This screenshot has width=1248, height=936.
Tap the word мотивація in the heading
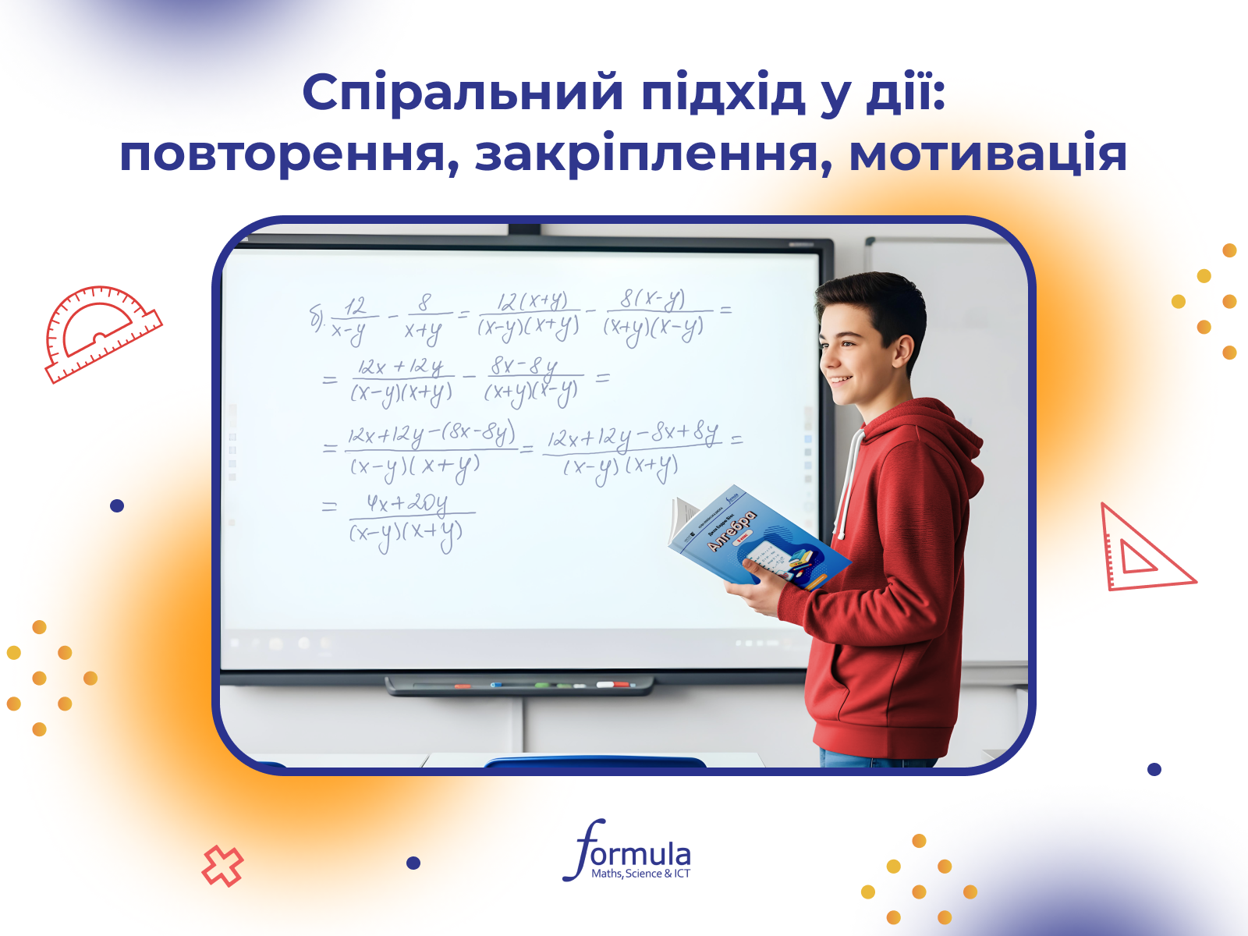click(x=987, y=154)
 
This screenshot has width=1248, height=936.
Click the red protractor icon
click(x=101, y=331)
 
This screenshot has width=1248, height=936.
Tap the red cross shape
click(x=222, y=866)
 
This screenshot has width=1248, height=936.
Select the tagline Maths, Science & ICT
click(x=640, y=874)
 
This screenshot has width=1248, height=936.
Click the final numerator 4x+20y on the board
click(x=407, y=504)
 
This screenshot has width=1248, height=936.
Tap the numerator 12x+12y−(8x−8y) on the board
click(x=431, y=434)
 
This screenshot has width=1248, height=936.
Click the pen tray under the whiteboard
click(x=519, y=686)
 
